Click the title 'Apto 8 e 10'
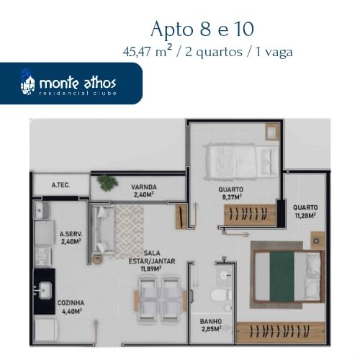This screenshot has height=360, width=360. point(202,30)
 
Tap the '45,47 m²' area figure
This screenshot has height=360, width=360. point(148,51)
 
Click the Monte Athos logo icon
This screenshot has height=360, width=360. point(27,82)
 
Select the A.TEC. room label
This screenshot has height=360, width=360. point(60,185)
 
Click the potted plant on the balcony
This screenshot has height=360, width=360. point(107,182)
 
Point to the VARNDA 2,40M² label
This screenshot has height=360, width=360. point(144,191)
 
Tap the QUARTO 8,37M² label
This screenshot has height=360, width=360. point(230,193)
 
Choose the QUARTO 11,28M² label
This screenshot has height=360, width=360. point(305,212)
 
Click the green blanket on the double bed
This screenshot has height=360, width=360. point(282,276)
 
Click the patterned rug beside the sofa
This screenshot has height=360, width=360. point(130,233)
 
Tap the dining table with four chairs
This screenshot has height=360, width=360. point(160,300)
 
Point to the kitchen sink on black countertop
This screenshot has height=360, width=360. point(44,290)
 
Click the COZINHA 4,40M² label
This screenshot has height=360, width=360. point(71,307)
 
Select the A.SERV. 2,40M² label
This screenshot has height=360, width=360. point(71,238)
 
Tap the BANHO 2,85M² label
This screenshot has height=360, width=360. point(211,325)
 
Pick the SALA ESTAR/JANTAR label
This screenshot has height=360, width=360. point(152,261)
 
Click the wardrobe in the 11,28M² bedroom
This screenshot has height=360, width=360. point(281,332)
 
